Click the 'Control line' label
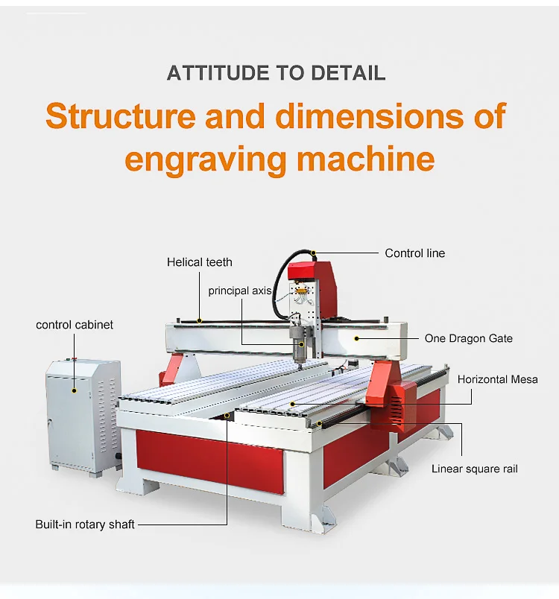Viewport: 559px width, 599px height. pos(414,253)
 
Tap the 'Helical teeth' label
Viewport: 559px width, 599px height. pos(200,262)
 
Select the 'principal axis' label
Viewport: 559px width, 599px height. pos(239,291)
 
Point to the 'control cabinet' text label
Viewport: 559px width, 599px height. pos(75,325)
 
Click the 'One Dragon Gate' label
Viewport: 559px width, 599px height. pos(469,338)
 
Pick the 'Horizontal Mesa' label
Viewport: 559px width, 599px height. pos(497,379)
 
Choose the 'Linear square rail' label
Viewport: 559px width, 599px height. pos(475,469)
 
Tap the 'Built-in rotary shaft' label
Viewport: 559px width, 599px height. pos(85,524)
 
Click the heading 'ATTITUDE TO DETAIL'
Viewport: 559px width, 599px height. pos(276,73)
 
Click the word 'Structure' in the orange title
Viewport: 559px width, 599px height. pos(121,115)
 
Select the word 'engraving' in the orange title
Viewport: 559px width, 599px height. pos(206,159)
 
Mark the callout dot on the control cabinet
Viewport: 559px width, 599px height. pos(74,390)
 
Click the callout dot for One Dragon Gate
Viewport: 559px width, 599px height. pos(356,338)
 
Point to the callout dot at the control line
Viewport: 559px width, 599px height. pos(313,253)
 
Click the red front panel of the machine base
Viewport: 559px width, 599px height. pos(209,460)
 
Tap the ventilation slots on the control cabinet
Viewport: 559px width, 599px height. pos(107,414)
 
